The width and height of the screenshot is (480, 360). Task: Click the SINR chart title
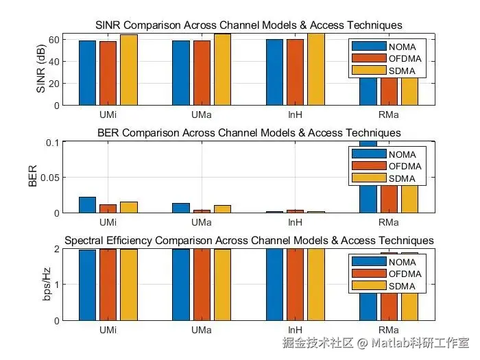point(248,25)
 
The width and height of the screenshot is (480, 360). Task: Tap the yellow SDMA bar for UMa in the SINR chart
point(222,69)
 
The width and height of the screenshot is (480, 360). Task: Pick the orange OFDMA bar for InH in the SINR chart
point(296,72)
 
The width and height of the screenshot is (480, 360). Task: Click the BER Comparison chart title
point(249,132)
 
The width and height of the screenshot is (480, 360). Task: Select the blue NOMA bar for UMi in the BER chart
point(88,205)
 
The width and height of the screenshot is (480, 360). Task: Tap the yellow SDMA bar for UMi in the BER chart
point(129,207)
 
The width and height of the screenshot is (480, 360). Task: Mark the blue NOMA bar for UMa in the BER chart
point(181,208)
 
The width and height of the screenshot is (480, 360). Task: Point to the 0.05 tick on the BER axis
point(50,178)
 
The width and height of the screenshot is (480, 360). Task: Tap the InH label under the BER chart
point(296,223)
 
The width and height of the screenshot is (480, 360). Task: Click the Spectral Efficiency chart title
point(249,241)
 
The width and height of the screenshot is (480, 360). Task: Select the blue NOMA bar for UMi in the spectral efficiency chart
point(88,285)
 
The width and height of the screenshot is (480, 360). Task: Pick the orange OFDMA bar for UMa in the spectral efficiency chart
point(202,284)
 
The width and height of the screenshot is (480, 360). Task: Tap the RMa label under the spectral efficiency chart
point(389,331)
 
